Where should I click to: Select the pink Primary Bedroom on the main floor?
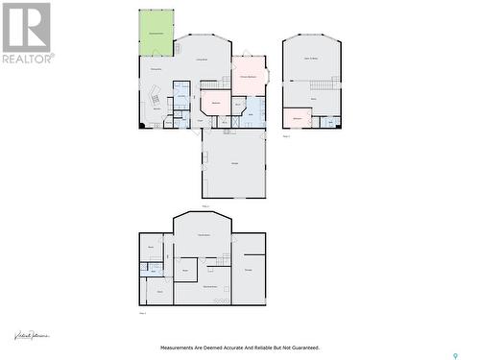(248, 75)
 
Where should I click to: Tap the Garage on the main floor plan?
(233, 163)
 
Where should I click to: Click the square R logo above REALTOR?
(26, 27)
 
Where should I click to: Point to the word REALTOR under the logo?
(28, 59)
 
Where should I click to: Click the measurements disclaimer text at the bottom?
(239, 348)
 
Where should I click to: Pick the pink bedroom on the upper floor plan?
(297, 118)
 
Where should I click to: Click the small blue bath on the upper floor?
(329, 122)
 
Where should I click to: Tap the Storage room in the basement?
(249, 270)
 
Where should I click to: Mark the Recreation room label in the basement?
(204, 235)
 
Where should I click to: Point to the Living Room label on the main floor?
(204, 60)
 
